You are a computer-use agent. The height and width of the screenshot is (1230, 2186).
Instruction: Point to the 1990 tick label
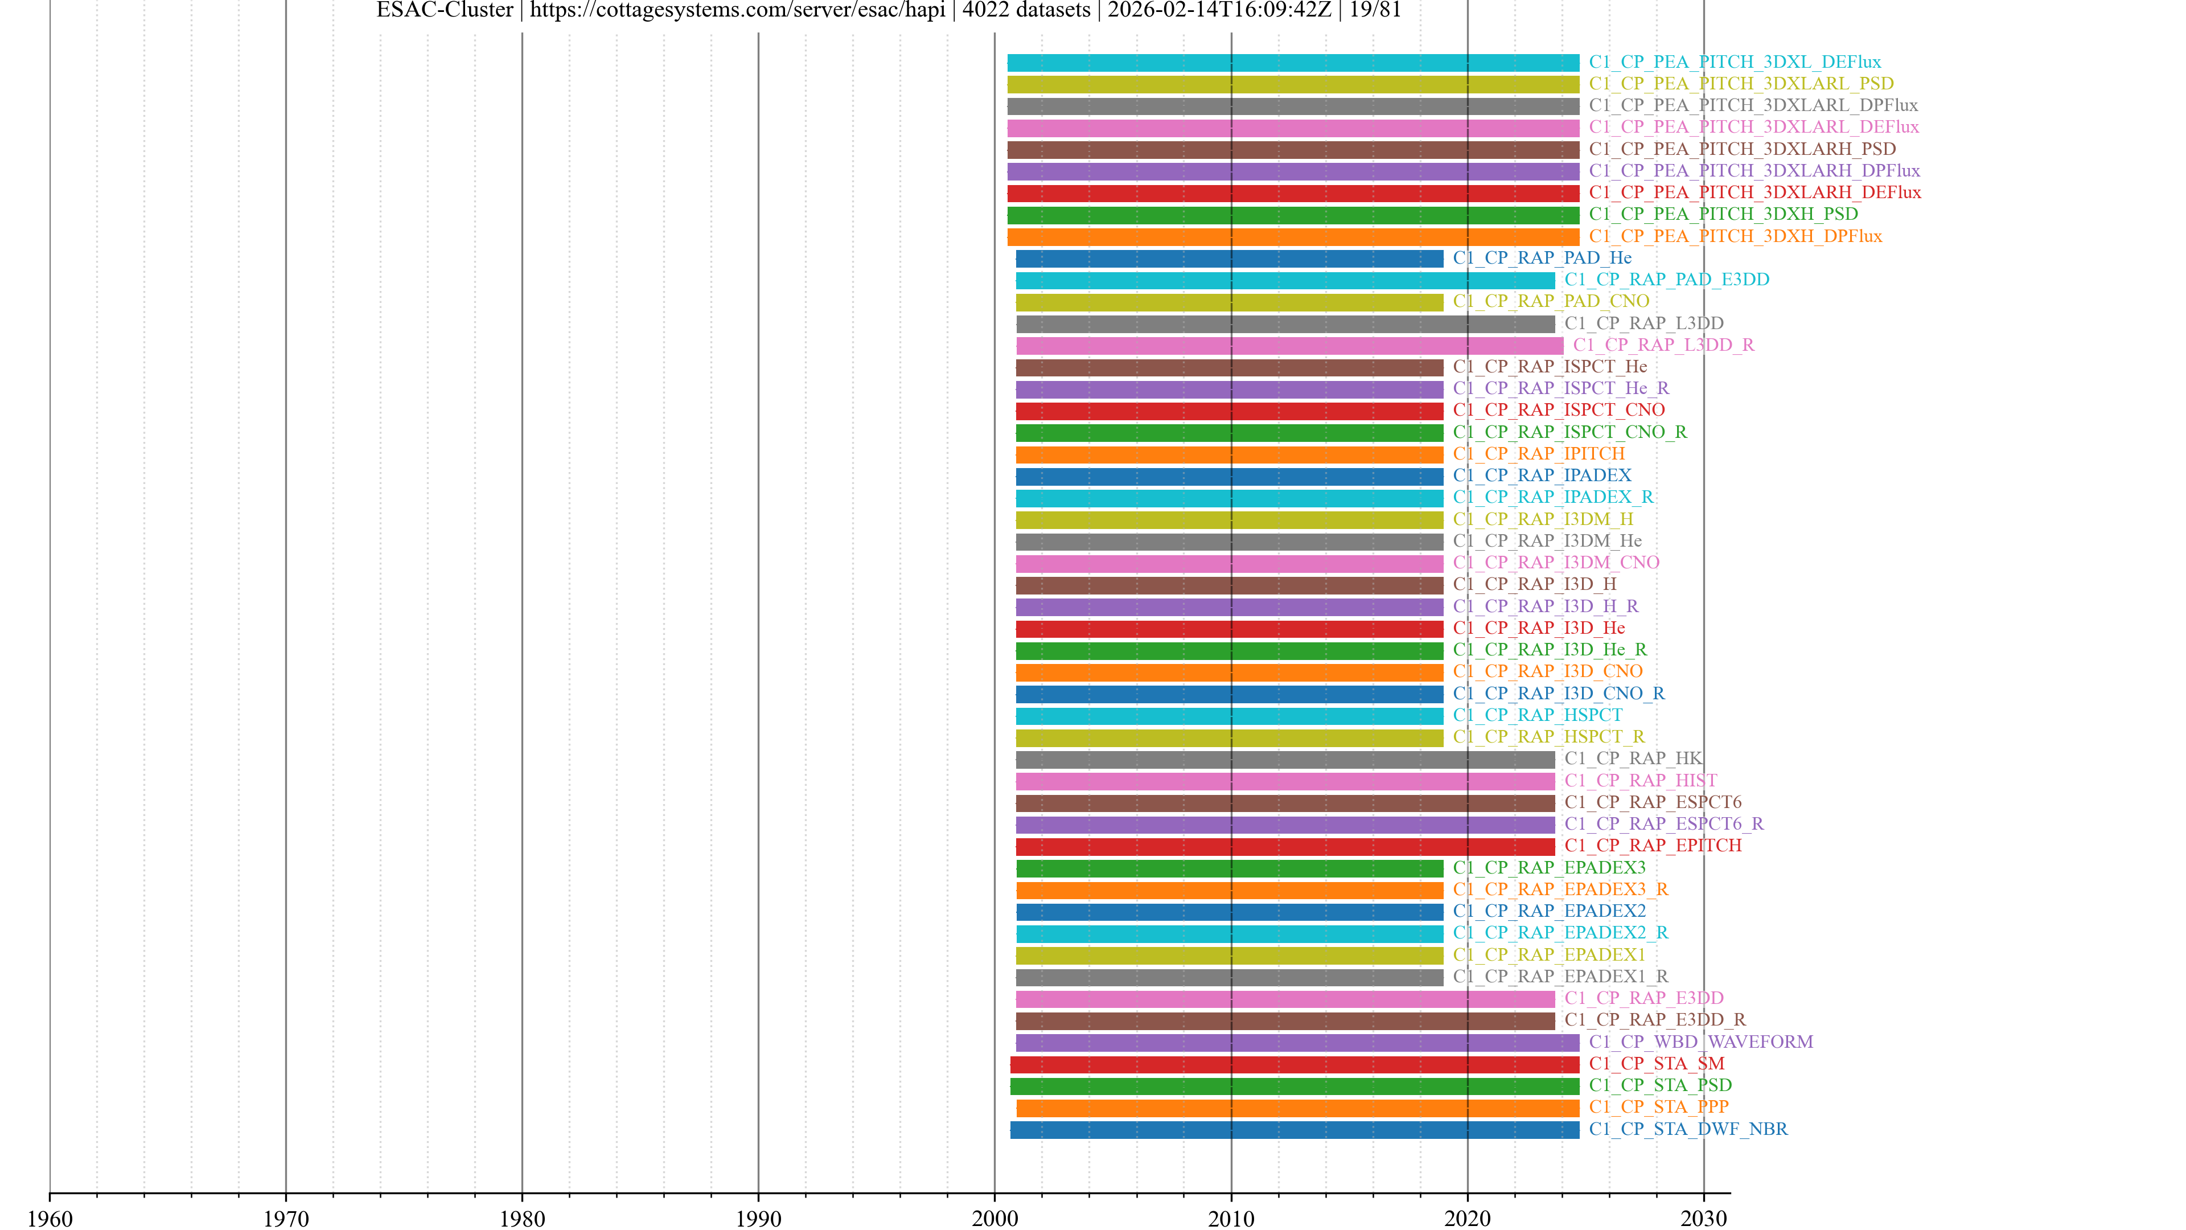coord(758,1218)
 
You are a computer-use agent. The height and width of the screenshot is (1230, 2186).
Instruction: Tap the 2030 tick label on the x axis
coord(1703,1218)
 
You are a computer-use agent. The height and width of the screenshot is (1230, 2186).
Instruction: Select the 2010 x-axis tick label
coord(1230,1218)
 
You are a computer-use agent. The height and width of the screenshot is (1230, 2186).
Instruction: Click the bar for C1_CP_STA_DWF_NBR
coord(1294,1130)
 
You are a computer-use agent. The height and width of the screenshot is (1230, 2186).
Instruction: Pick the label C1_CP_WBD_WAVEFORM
coord(1700,1042)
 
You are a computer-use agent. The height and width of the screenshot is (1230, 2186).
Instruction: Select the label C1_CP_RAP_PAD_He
coord(1542,258)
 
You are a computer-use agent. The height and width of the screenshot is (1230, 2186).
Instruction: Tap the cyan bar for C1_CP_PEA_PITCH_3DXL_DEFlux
coord(1292,63)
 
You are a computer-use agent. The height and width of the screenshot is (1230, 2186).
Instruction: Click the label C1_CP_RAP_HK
coord(1633,758)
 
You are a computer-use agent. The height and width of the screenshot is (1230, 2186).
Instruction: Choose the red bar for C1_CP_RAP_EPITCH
coord(1285,846)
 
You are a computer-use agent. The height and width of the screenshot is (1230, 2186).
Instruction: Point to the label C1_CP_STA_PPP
coord(1658,1107)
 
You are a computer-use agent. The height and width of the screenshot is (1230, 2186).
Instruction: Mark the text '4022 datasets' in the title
coord(1026,10)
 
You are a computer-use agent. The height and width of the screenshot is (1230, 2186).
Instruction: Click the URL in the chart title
coord(737,10)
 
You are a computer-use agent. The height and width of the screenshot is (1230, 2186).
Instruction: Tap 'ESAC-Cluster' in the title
coord(445,10)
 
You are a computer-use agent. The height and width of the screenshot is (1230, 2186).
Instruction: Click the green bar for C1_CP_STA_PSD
coord(1294,1086)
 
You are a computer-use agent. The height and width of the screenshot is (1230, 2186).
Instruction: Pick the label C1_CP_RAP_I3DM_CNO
coord(1555,563)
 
